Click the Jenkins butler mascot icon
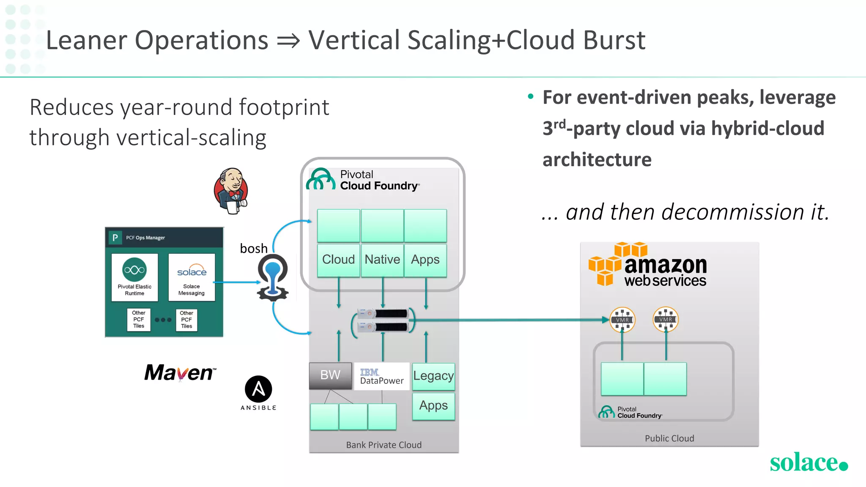click(231, 191)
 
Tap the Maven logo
click(180, 373)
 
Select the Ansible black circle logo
click(258, 389)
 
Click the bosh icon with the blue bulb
click(273, 277)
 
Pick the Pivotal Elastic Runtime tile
click(134, 277)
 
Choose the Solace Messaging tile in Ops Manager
click(192, 277)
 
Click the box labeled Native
click(382, 260)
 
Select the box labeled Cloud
click(338, 260)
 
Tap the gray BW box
click(330, 375)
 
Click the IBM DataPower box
click(381, 376)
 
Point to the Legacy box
click(433, 376)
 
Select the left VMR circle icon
click(622, 320)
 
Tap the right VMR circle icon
click(666, 319)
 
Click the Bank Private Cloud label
click(384, 445)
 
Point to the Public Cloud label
click(669, 438)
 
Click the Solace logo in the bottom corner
click(808, 462)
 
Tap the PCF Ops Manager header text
click(145, 238)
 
